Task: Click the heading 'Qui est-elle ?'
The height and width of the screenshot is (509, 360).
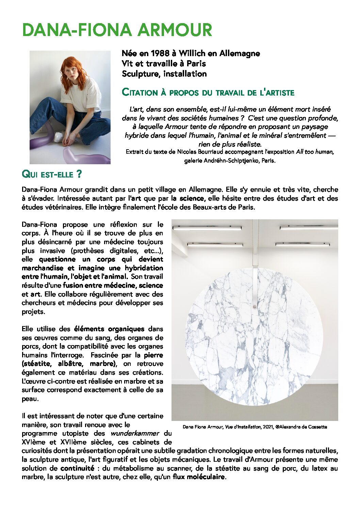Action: point(52,174)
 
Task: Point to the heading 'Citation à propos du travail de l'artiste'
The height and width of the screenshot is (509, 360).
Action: point(208,92)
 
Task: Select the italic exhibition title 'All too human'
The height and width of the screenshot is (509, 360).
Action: point(315,152)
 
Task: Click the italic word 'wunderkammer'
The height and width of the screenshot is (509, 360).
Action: point(134,434)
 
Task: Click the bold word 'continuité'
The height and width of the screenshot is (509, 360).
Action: point(77,468)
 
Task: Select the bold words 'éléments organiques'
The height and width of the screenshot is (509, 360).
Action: point(109,329)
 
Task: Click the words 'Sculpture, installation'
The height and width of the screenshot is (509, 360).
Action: point(164,74)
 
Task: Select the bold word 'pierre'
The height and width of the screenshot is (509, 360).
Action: point(153,355)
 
